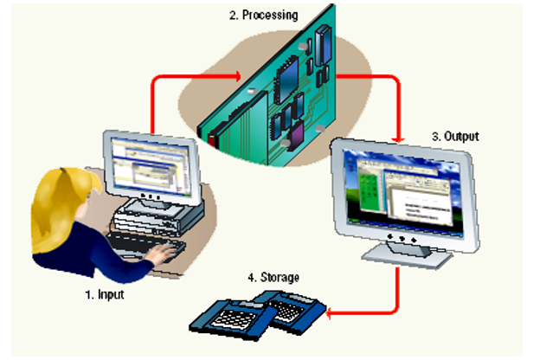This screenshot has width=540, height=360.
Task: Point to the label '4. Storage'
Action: (273, 277)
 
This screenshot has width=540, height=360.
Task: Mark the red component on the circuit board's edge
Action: (208, 137)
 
